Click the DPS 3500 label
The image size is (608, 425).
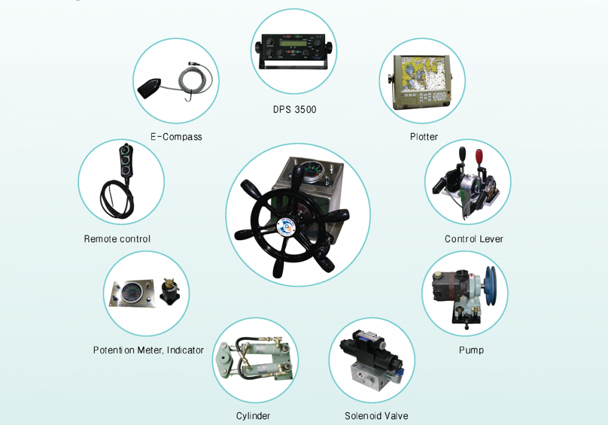(295, 109)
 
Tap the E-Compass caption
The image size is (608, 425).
(176, 136)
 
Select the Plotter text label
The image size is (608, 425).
(424, 136)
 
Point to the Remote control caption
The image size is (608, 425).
(117, 239)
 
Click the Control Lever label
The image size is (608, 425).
(474, 239)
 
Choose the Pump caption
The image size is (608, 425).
(472, 350)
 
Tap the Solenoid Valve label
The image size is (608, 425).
(376, 416)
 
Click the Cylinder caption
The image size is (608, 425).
(253, 416)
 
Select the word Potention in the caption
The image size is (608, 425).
(114, 350)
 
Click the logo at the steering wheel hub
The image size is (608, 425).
(287, 227)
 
